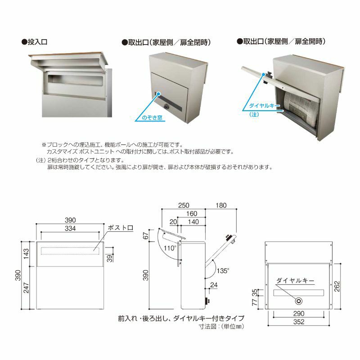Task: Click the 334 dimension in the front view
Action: click(x=70, y=229)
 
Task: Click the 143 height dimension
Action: click(x=27, y=254)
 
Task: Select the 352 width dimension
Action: click(x=298, y=321)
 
